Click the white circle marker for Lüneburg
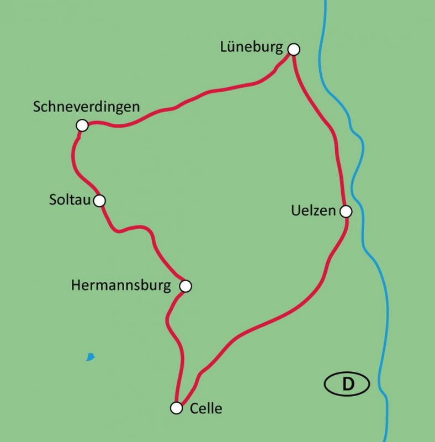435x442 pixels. point(294,49)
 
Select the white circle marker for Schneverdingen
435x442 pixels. point(82,126)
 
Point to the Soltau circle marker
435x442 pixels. point(99,201)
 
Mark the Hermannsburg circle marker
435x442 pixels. point(185,286)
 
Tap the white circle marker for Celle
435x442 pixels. point(176,408)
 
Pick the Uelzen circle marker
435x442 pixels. point(346,211)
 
